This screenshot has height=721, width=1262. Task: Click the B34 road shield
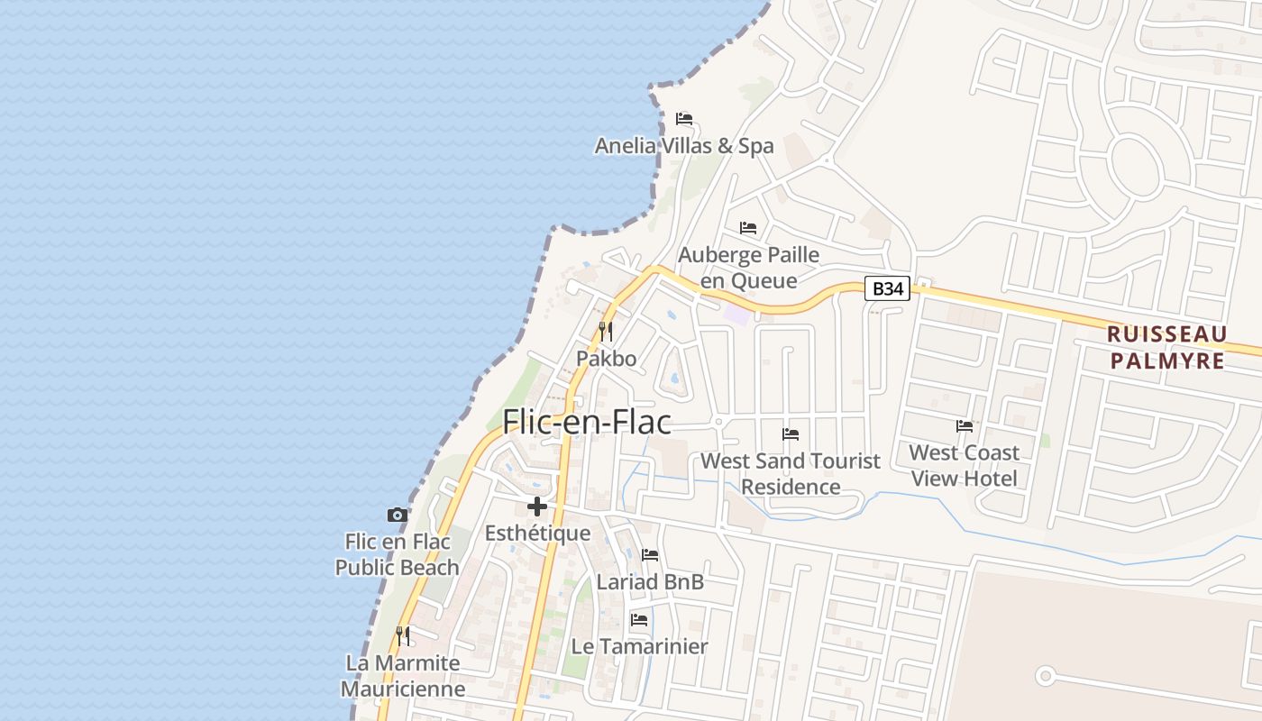(x=887, y=288)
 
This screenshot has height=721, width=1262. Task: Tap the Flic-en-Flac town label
(x=587, y=421)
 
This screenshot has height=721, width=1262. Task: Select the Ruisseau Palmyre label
(x=1166, y=348)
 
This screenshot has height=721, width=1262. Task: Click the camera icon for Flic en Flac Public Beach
(x=397, y=516)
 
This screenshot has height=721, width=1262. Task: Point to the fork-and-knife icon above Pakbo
(x=606, y=332)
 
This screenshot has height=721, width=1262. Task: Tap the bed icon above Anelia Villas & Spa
(x=684, y=119)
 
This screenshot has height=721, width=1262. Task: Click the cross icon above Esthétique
(x=537, y=507)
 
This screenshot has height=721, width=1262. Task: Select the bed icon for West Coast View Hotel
(x=965, y=426)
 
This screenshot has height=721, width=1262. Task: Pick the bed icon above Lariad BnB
(x=650, y=555)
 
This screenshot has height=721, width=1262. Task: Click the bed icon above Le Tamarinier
(x=639, y=620)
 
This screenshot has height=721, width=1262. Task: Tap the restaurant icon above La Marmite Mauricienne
(x=403, y=636)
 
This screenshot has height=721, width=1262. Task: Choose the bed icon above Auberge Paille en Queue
(x=748, y=228)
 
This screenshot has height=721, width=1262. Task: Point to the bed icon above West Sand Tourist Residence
(x=791, y=434)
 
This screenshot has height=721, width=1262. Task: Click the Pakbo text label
(x=606, y=359)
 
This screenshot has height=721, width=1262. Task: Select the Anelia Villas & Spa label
(x=684, y=146)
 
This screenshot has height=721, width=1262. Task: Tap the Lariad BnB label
(x=650, y=582)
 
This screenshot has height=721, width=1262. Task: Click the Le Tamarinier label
(x=639, y=646)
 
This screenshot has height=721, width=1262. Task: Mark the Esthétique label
(x=537, y=534)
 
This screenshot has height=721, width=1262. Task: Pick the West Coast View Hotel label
(x=964, y=465)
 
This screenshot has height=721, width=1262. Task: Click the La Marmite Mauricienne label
(x=403, y=676)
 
